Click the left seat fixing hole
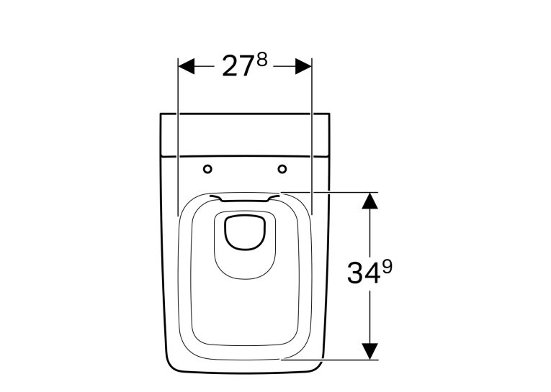(207, 169)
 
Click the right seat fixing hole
(282, 169)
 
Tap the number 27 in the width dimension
(238, 66)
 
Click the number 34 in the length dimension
(364, 273)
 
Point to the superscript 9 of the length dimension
(387, 267)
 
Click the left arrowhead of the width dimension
(187, 66)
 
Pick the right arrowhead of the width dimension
(304, 66)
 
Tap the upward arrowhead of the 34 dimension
(369, 201)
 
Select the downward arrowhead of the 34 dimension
(369, 351)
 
